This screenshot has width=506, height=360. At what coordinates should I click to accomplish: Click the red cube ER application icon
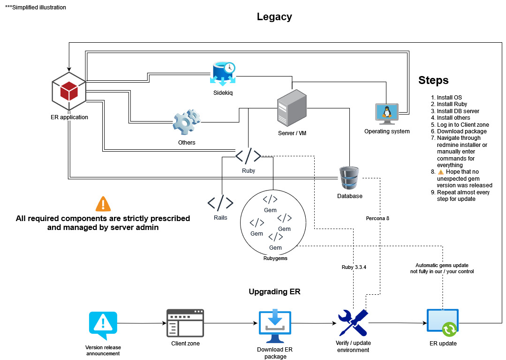pyautogui.click(x=69, y=91)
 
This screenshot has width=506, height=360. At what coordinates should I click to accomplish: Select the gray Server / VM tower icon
pyautogui.click(x=292, y=108)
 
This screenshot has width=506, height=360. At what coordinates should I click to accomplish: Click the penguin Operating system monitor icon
pyautogui.click(x=387, y=115)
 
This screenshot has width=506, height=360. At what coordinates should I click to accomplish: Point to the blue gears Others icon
pyautogui.click(x=187, y=122)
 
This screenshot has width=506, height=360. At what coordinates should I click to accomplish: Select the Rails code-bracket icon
pyautogui.click(x=220, y=202)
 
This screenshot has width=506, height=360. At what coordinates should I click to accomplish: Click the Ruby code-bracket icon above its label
pyautogui.click(x=248, y=156)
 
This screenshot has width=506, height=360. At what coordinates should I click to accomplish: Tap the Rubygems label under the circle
pyautogui.click(x=275, y=258)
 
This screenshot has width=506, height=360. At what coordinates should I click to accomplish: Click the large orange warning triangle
pyautogui.click(x=103, y=204)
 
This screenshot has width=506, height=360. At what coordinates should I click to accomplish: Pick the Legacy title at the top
pyautogui.click(x=274, y=17)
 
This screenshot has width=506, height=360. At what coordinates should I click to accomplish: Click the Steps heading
pyautogui.click(x=433, y=81)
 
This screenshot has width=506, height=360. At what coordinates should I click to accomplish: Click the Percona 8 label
pyautogui.click(x=378, y=219)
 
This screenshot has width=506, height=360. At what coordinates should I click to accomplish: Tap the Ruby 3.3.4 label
pyautogui.click(x=354, y=267)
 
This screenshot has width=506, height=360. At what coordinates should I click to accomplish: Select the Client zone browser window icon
pyautogui.click(x=185, y=323)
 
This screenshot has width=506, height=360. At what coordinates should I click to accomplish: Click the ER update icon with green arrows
pyautogui.click(x=443, y=323)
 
